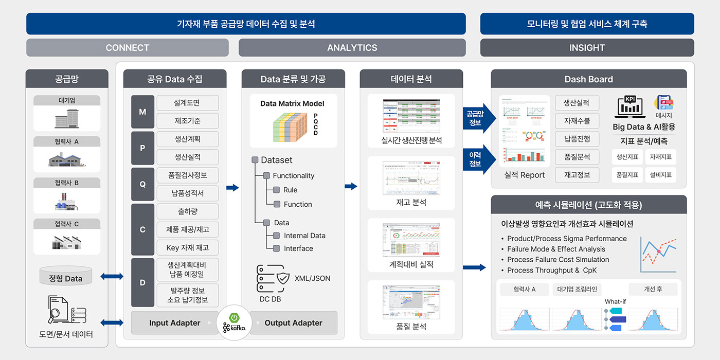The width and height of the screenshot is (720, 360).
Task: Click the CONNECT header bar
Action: [x=128, y=48]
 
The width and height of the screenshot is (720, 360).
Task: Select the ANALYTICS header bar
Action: [x=352, y=48]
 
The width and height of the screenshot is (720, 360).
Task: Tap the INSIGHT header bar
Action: [x=587, y=48]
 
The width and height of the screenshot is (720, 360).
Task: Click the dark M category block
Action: [x=142, y=112]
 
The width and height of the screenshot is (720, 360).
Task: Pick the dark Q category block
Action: [x=142, y=184]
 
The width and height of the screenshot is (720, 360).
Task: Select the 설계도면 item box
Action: [x=187, y=103]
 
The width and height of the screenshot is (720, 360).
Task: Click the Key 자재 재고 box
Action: [x=187, y=247]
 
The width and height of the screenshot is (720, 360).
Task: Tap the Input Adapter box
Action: [x=175, y=323]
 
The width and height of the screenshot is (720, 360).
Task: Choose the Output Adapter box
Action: [x=293, y=323]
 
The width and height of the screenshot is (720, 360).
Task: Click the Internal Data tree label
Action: [x=304, y=236]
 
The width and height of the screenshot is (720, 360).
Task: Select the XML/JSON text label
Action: [x=312, y=278]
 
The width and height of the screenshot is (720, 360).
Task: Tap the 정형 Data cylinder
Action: [x=65, y=276]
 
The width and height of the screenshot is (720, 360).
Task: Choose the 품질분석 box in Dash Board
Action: [x=577, y=157]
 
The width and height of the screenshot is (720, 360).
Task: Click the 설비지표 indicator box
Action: [x=660, y=175]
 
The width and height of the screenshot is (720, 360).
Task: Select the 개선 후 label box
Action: [x=653, y=289]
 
